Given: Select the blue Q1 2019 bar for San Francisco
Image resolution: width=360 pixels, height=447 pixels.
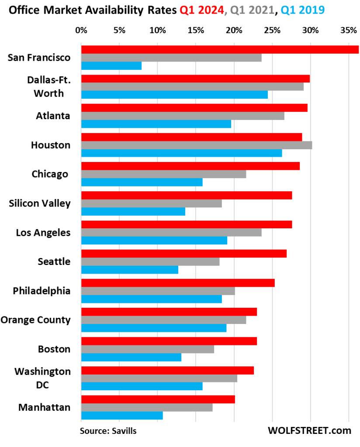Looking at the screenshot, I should tap(111, 65).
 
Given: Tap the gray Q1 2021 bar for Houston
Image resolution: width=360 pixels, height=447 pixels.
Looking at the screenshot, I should tap(197, 145).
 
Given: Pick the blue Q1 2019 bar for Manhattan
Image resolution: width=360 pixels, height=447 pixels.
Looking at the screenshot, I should tap(122, 415).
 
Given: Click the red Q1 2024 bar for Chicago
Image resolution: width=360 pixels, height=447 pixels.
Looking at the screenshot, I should tap(190, 166).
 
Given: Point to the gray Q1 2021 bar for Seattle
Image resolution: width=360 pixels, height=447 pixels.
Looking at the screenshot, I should tap(150, 261).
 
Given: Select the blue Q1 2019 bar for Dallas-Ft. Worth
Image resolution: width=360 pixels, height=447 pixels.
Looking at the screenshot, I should tap(174, 95).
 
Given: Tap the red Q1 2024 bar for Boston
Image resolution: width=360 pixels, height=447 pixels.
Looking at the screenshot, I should tap(169, 341).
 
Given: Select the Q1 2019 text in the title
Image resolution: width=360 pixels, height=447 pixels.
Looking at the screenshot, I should tap(302, 9).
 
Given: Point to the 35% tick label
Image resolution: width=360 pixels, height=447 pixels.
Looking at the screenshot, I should tap(348, 31).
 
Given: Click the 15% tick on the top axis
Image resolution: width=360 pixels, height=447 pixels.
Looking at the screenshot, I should tap(196, 31).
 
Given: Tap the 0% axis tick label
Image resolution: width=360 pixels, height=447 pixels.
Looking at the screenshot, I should tap(81, 31).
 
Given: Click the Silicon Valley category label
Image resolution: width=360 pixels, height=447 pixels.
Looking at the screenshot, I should tap(40, 203).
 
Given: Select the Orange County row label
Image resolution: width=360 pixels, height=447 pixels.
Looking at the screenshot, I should tap(35, 320).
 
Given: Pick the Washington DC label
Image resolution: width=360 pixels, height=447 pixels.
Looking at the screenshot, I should tap(42, 378).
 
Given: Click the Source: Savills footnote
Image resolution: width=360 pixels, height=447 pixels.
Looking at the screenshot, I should tap(108, 431).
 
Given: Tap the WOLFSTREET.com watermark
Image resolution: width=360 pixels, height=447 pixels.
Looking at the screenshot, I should tap(309, 430).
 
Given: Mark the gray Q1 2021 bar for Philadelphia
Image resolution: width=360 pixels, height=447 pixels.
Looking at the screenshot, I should tap(158, 291).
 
